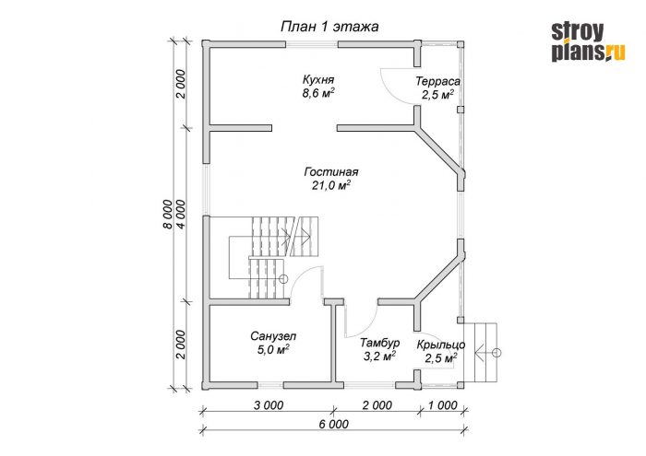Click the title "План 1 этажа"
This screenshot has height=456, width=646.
pos(329,27)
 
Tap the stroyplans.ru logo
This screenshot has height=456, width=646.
pos(589,41)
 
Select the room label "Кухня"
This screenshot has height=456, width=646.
pos(318,79)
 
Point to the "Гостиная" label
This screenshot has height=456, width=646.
pos(331,171)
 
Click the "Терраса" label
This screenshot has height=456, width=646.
pos(438,81)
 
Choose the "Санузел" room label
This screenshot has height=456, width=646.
pos(273,336)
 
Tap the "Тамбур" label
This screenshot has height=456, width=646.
pos(380,343)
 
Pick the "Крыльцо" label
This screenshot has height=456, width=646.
pos(441,345)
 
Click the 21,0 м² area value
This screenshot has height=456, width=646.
pos(331,186)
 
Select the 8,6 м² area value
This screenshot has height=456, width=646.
pos(318,93)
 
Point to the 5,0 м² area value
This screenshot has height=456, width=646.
pos(273,351)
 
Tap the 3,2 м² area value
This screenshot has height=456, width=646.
pos(380,357)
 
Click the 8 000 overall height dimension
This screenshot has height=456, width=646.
pos(168,215)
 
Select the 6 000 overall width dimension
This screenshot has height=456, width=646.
pos(334,424)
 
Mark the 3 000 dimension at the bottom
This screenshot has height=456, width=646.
pos(269,405)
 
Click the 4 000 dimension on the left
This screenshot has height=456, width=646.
pos(181,215)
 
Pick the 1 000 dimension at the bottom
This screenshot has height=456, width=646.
pos(442,405)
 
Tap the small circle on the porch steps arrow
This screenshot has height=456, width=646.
pos(496,353)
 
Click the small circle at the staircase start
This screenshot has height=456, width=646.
pos(283,279)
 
